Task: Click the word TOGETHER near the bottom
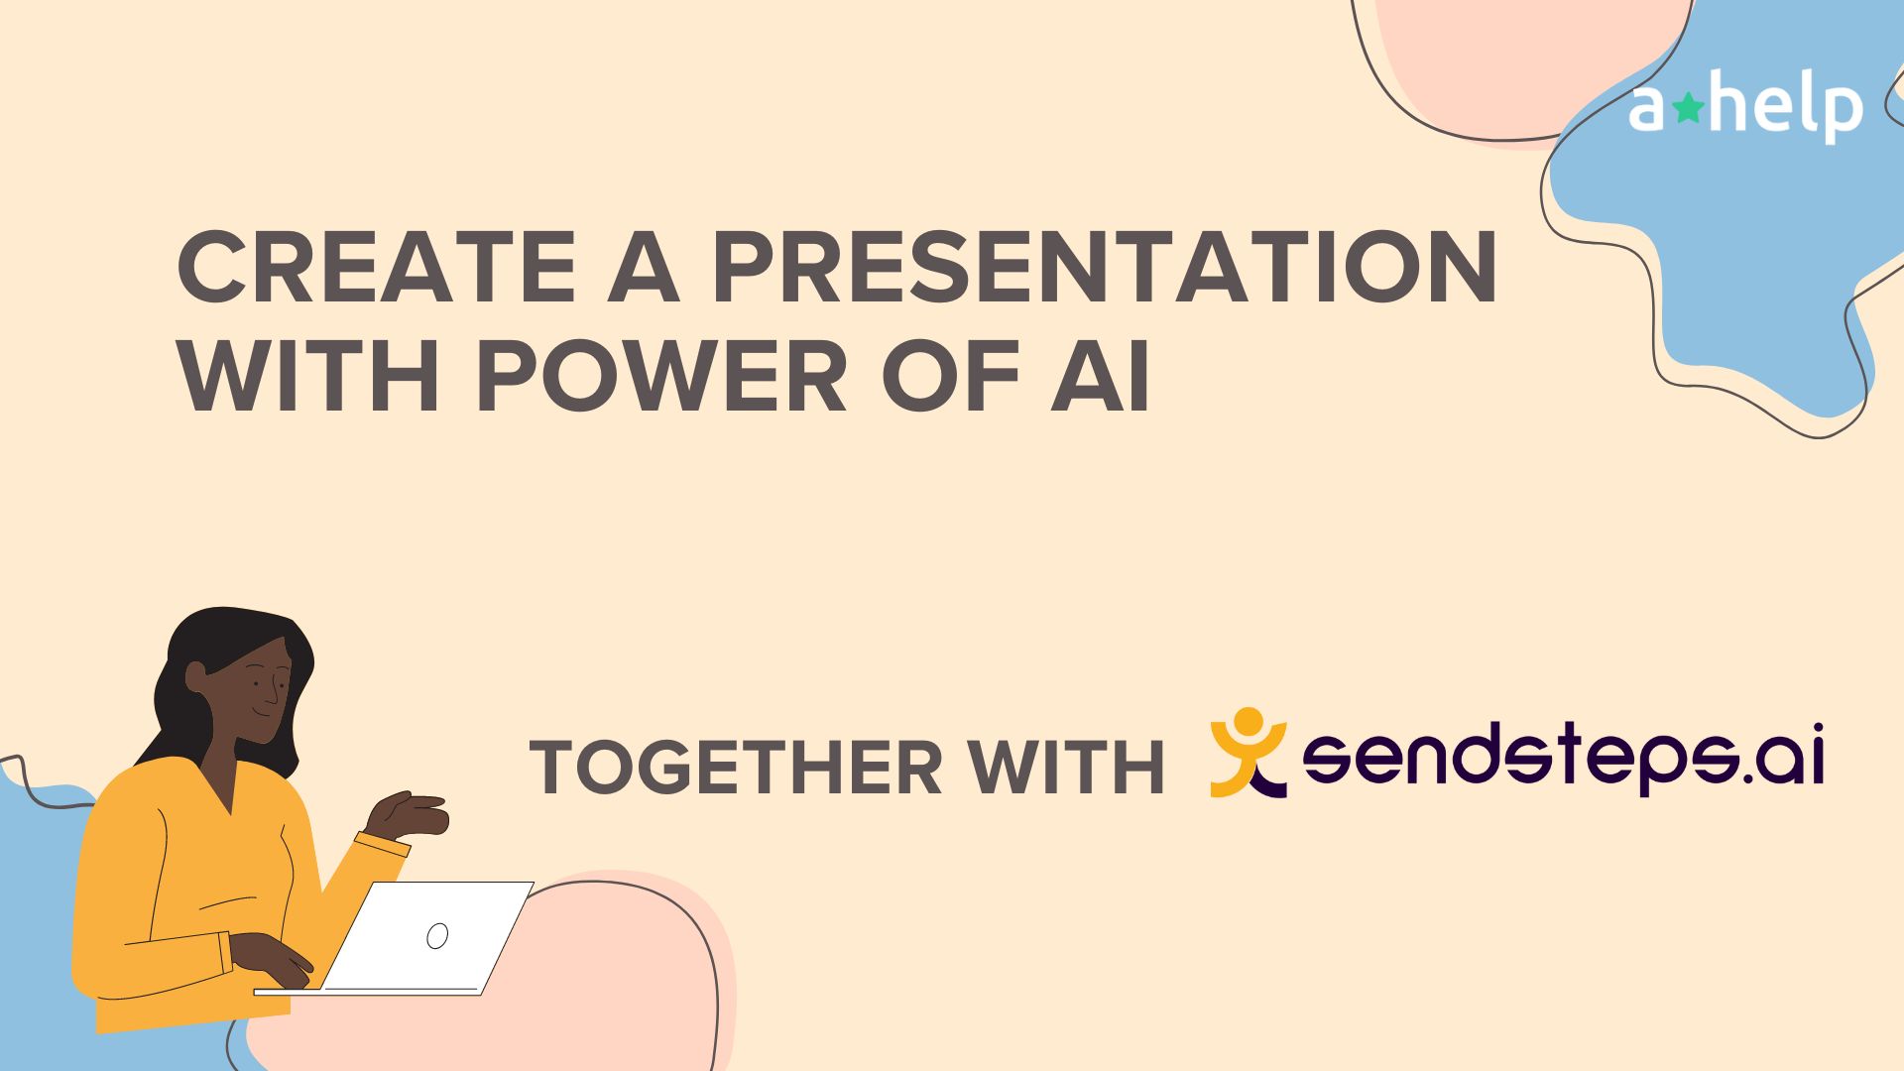(734, 768)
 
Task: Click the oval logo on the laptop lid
(437, 935)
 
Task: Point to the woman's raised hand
(412, 814)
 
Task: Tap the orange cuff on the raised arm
(382, 844)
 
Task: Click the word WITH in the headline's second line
(308, 379)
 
